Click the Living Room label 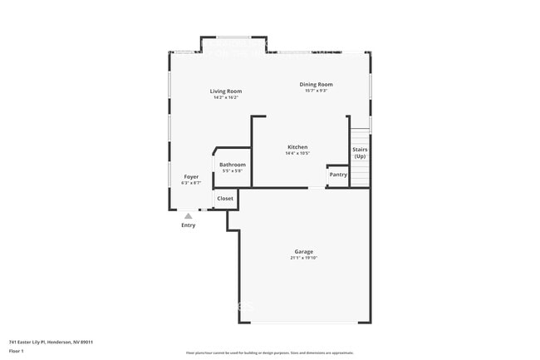coord(225,91)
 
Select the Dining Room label coord(316,84)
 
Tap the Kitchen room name coord(297,146)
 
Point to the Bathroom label coord(233,165)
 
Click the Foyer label coord(191,177)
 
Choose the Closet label coord(225,199)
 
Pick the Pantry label coord(338,175)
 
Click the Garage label coord(303,251)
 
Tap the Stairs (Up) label coord(360,153)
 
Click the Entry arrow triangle coord(189,215)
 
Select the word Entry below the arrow coord(189,225)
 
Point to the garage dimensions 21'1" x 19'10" coord(303,258)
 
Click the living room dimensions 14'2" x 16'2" coord(225,98)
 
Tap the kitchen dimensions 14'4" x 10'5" coord(297,153)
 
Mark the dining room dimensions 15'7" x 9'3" coord(316,91)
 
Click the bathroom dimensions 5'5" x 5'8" coord(233,171)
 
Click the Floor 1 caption coord(17,351)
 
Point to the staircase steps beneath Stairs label coord(360,175)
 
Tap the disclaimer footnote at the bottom coord(270,353)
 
